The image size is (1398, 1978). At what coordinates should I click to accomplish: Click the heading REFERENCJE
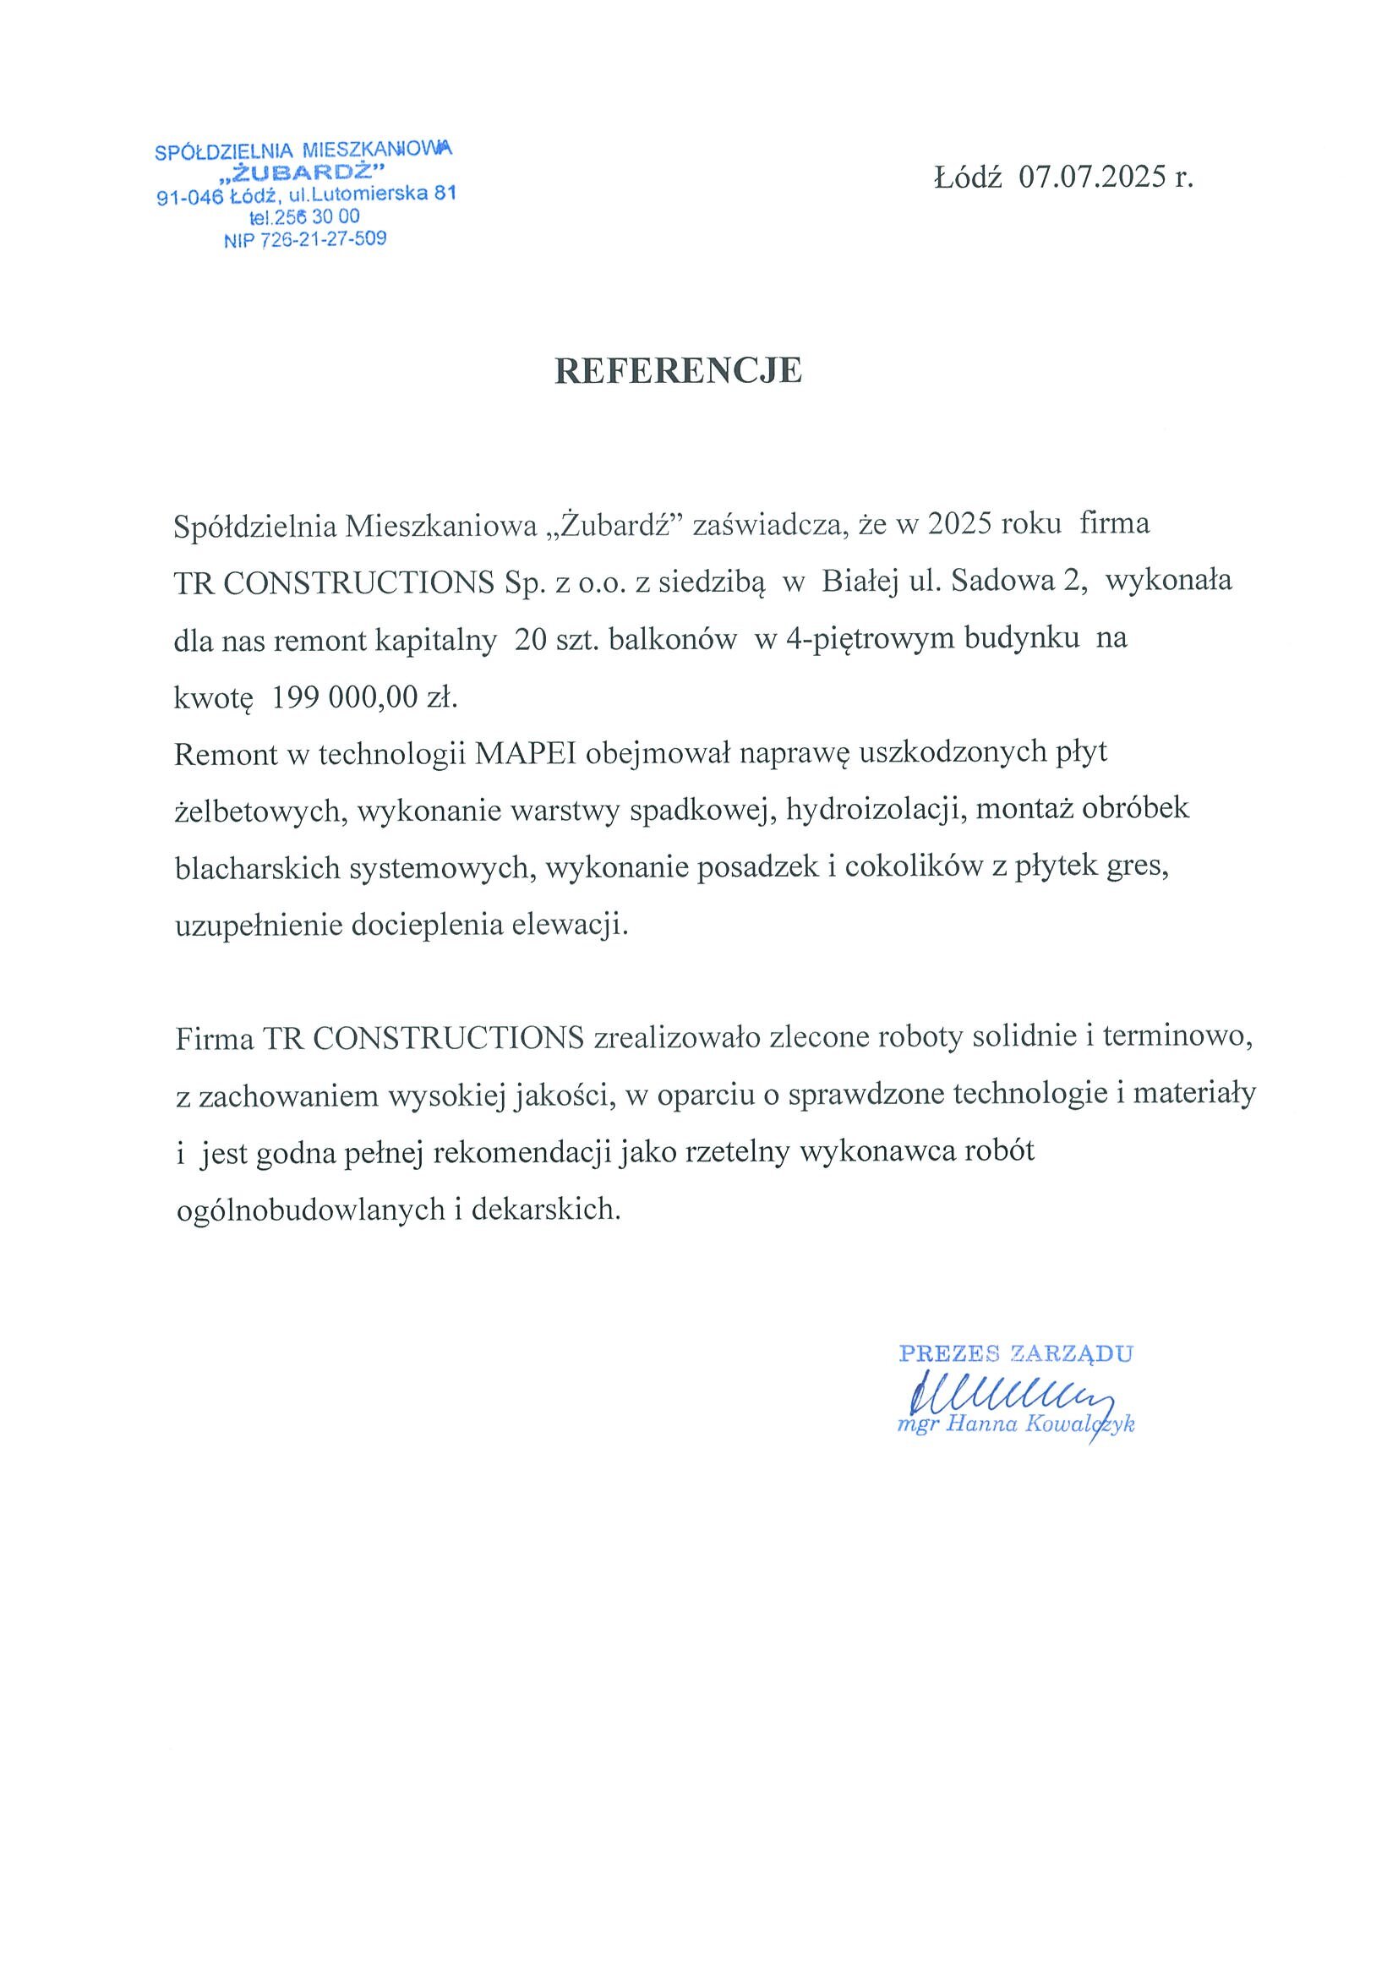678,370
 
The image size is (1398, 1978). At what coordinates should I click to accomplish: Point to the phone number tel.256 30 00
305,218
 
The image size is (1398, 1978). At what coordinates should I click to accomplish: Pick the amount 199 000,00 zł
363,698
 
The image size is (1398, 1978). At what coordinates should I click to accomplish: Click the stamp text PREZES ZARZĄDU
1015,1353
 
